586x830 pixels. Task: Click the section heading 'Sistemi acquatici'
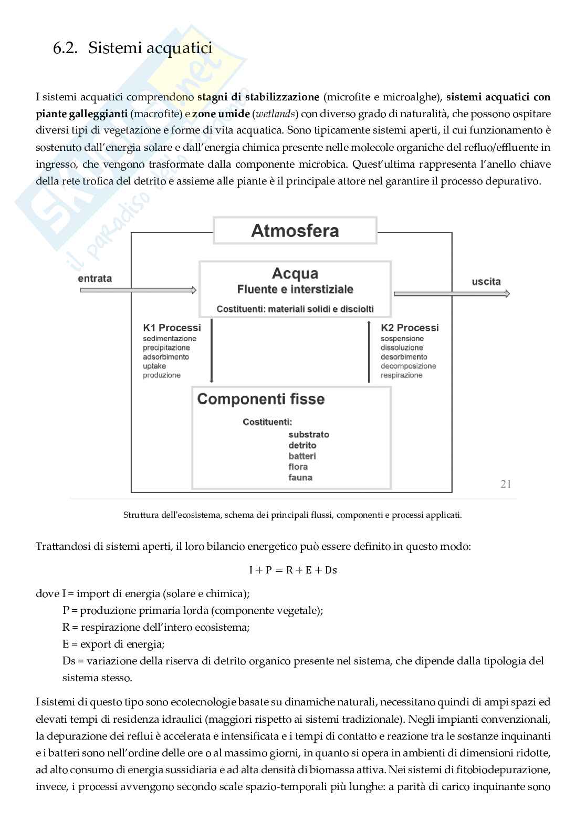(150, 48)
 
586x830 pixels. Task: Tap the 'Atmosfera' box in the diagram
(295, 231)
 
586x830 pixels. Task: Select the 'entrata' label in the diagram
(95, 279)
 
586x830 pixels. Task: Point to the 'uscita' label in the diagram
(486, 282)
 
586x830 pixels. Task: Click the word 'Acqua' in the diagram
(295, 273)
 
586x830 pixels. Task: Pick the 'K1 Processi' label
(172, 327)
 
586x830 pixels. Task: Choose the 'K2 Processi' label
(410, 327)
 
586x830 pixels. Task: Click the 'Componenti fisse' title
(261, 399)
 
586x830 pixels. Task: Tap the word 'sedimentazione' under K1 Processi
(170, 339)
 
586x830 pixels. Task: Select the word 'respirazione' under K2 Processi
(402, 375)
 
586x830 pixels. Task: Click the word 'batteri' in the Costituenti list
(302, 456)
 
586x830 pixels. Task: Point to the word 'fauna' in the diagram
(300, 478)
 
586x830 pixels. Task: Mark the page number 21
(506, 484)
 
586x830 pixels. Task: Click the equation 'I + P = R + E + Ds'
(293, 570)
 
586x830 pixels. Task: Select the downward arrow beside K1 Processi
(211, 352)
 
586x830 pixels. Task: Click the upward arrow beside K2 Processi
(369, 352)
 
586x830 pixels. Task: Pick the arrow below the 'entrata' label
(137, 290)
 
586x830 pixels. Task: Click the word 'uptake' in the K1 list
(154, 366)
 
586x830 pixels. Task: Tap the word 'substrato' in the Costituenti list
(309, 435)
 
